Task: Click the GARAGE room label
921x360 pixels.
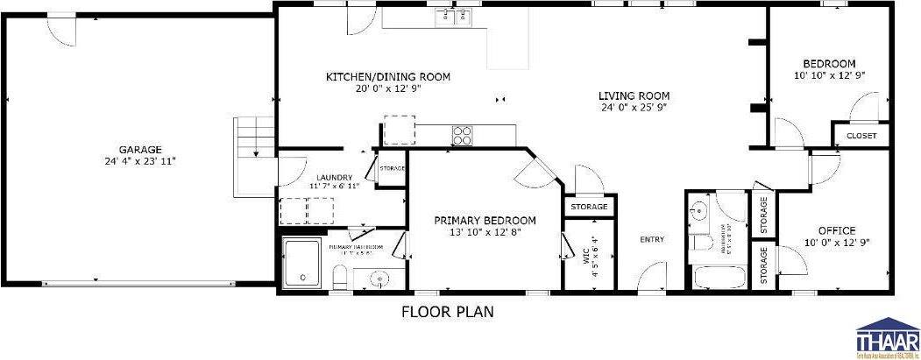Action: [141, 150]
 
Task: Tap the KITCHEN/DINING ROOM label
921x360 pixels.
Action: [388, 77]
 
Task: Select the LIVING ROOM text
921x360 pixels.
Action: [634, 96]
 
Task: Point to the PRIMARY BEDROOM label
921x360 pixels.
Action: [485, 221]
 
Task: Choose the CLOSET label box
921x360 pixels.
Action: [861, 136]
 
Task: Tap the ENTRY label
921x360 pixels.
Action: [651, 240]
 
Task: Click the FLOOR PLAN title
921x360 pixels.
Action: [448, 311]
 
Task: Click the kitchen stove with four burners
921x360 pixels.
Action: [461, 135]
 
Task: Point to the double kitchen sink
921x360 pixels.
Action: [456, 15]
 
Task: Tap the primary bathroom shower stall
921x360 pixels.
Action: [303, 262]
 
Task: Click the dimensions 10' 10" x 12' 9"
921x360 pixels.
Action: [829, 75]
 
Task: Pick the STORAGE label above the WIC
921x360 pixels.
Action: [589, 207]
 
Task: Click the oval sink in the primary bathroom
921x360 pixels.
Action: [379, 279]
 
